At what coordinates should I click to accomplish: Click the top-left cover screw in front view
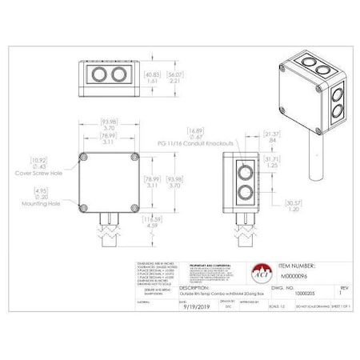click(86, 158)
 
